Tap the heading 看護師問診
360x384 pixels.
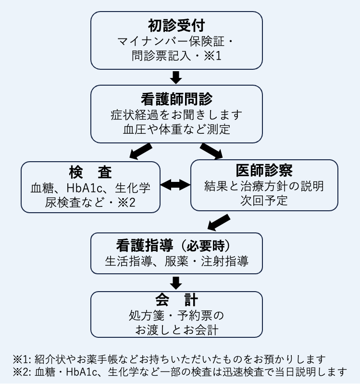pos(176,100)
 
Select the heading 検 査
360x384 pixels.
pos(90,172)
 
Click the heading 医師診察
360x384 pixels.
pos(264,171)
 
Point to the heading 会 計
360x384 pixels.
pos(176,301)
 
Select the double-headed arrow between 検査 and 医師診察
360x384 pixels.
pos(175,184)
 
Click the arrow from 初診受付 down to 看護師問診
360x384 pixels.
pos(176,77)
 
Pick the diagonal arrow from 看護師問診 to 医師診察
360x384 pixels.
pos(212,151)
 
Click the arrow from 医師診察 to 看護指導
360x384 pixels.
pos(219,222)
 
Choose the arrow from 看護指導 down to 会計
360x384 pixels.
pos(176,282)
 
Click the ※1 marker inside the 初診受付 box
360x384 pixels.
pos(210,56)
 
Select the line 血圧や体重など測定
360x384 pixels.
pos(176,129)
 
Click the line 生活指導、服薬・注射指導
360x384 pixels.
pos(176,262)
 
